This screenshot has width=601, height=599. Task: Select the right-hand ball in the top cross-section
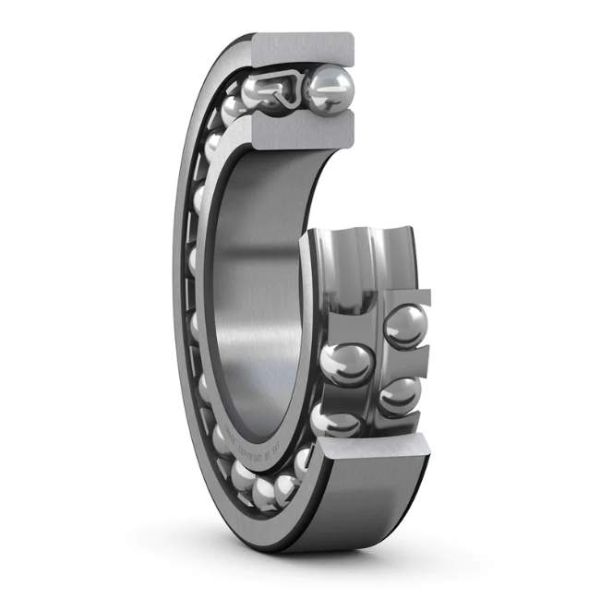(x=330, y=90)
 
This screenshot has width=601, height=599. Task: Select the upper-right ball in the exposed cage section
(x=405, y=326)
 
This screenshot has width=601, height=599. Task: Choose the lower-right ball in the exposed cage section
(x=400, y=394)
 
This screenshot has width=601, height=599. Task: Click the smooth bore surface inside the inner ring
(x=249, y=277)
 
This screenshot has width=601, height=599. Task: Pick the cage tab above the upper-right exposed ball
(x=406, y=297)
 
